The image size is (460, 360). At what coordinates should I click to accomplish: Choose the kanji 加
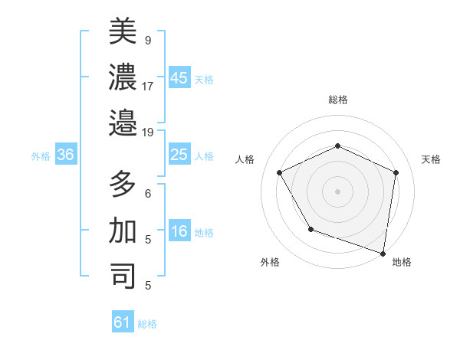pos(123,230)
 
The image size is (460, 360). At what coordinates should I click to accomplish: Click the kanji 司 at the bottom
pos(123,275)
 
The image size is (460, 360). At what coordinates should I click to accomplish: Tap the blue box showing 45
pos(179,78)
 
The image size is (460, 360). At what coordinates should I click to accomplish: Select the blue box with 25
pos(179,155)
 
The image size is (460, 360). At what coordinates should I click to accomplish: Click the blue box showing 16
pos(179,232)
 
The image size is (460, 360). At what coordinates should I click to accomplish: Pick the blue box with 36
pos(66,155)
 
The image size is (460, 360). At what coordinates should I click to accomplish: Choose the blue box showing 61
pos(123,322)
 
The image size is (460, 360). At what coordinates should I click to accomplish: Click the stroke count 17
pos(148,86)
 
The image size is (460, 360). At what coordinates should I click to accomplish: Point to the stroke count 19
pos(148,132)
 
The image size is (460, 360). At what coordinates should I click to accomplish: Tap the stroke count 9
pos(148,41)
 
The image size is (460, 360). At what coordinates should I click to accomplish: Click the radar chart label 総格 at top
pos(338,100)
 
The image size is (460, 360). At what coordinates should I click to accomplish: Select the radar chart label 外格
pos(270,262)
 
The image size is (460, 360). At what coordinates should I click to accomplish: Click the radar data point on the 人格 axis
pos(280,172)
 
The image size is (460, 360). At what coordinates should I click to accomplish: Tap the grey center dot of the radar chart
pos(337,191)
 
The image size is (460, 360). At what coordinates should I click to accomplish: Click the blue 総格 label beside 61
pos(147,324)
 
